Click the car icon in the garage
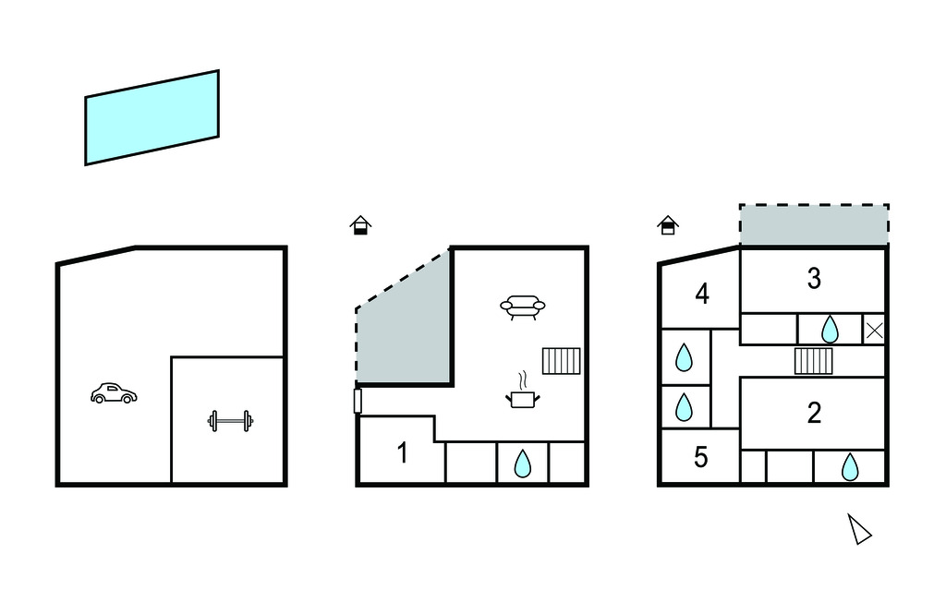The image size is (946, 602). click(x=114, y=393)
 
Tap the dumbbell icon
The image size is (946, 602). click(x=230, y=420)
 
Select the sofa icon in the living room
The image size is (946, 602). click(x=523, y=307)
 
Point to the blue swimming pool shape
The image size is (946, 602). click(x=152, y=117)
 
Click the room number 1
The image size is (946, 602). click(x=403, y=453)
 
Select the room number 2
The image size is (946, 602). click(x=814, y=414)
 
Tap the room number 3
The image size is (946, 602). click(x=814, y=279)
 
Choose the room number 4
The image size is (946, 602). click(x=702, y=295)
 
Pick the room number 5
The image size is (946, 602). click(x=700, y=457)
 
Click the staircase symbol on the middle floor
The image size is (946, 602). click(x=561, y=361)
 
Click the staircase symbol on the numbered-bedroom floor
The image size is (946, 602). click(x=813, y=361)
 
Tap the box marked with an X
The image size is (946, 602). click(x=874, y=330)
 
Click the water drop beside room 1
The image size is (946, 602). click(x=523, y=464)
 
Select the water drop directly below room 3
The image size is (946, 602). click(x=831, y=330)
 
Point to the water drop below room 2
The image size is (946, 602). click(x=850, y=467)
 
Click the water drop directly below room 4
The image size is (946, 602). click(x=684, y=357)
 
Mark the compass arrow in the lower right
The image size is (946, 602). click(x=859, y=529)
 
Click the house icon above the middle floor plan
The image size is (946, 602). click(x=361, y=225)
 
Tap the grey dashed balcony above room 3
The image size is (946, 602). click(x=814, y=224)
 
